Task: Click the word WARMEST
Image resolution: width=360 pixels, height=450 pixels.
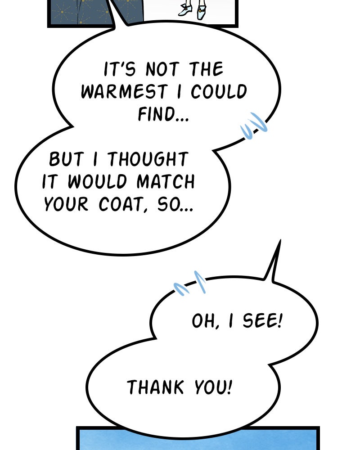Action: [124, 91]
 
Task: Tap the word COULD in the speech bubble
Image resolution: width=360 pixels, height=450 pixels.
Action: [219, 91]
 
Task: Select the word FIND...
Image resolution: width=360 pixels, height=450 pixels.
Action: [157, 114]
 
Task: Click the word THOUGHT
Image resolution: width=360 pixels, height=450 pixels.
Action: [148, 159]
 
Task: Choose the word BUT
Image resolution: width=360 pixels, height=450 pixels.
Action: [66, 159]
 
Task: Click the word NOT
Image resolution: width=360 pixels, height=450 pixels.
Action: [162, 69]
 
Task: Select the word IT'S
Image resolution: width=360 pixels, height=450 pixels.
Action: [119, 69]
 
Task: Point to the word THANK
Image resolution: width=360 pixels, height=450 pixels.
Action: [155, 387]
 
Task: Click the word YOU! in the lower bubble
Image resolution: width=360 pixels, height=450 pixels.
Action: [213, 387]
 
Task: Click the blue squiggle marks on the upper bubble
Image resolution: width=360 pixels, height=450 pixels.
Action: [254, 126]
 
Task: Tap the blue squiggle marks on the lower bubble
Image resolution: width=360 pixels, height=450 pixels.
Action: [190, 283]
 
